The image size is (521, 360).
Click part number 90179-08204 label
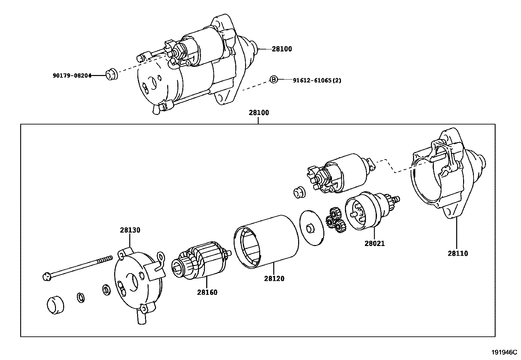coord(72,75)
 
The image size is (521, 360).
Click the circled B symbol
coord(273,79)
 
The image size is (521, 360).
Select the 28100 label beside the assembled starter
coord(281,49)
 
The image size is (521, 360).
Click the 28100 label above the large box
coord(259,113)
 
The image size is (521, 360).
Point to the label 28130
coord(130,230)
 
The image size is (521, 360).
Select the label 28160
coord(207,292)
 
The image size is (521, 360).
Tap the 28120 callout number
coord(274,279)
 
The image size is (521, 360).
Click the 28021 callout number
coord(375,243)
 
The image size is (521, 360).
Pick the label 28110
coord(458,253)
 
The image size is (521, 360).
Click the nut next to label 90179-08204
coord(112,75)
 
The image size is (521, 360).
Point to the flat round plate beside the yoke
coord(312,228)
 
